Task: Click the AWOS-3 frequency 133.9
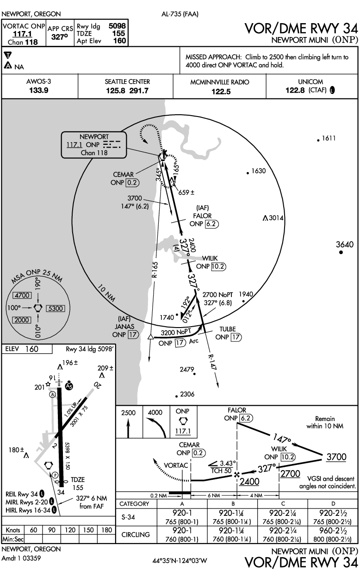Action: [39, 90]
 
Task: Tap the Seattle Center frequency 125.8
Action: [116, 91]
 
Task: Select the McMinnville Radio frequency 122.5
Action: [221, 91]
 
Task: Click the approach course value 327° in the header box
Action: [60, 37]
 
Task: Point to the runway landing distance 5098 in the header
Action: [117, 26]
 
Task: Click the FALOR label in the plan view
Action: [202, 216]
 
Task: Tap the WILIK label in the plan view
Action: [210, 258]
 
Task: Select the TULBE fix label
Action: [228, 329]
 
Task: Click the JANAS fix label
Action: [124, 327]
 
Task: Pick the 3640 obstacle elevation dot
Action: [341, 252]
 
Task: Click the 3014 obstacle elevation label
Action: [276, 218]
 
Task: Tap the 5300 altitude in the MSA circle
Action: [56, 309]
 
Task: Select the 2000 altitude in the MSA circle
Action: [22, 320]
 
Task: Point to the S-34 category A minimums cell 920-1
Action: [182, 513]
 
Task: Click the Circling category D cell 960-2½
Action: [333, 530]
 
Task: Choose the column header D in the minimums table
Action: [333, 503]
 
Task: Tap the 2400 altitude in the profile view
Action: [249, 482]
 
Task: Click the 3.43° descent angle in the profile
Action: [228, 463]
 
